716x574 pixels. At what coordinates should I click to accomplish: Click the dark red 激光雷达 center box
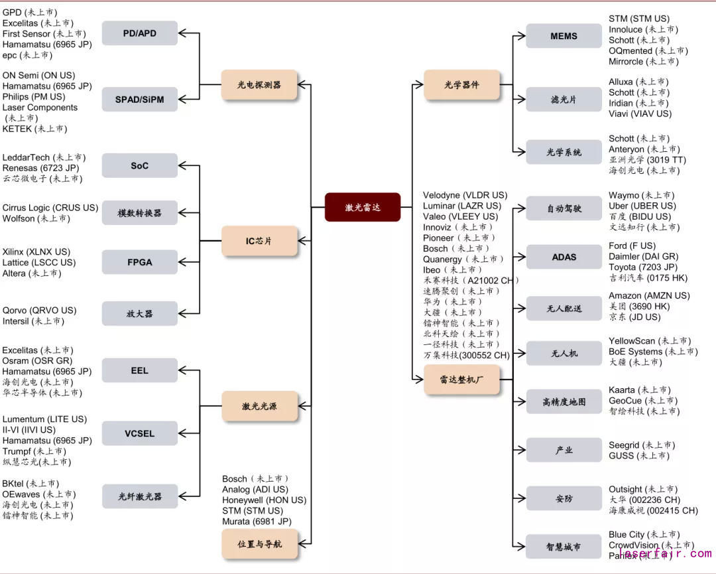363,207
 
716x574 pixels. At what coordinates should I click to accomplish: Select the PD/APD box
139,33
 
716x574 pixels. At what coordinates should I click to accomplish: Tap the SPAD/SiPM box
139,100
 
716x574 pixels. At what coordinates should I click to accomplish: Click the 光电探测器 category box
259,85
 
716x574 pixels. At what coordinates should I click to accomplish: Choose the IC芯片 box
259,241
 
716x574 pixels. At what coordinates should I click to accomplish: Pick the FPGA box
139,262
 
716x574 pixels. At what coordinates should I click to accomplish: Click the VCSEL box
139,433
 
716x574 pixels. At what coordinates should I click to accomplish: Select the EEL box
139,370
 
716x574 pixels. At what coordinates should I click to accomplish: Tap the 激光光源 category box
259,406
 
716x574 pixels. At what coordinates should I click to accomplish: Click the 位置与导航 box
259,544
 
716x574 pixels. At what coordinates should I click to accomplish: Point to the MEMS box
564,36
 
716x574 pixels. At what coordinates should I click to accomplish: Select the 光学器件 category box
461,85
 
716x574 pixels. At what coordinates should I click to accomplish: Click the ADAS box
564,257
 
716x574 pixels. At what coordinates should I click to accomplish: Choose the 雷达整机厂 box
461,380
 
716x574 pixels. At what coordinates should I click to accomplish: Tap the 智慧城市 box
564,547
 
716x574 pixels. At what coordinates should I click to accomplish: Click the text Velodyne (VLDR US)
465,195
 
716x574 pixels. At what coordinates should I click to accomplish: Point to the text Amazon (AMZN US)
649,295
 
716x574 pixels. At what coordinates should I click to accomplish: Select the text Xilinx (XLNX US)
36,251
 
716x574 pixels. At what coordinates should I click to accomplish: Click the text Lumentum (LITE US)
44,419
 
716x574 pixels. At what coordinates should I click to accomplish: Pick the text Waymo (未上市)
641,195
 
